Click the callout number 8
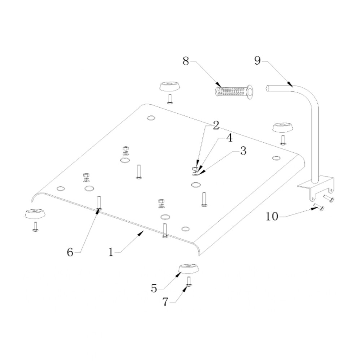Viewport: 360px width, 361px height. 186,61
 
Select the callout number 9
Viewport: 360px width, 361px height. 258,61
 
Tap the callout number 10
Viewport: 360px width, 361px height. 272,216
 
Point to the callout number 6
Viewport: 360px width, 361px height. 70,252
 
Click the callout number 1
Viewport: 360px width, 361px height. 111,252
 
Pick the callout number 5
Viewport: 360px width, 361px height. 154,288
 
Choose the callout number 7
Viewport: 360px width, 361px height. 165,302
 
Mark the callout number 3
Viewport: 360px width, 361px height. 243,151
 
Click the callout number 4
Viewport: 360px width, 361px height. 229,138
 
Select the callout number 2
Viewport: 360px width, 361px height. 216,126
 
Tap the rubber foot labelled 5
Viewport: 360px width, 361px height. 189,269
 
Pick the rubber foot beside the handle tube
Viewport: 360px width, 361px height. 283,128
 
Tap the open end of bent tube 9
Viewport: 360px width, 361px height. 268,88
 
